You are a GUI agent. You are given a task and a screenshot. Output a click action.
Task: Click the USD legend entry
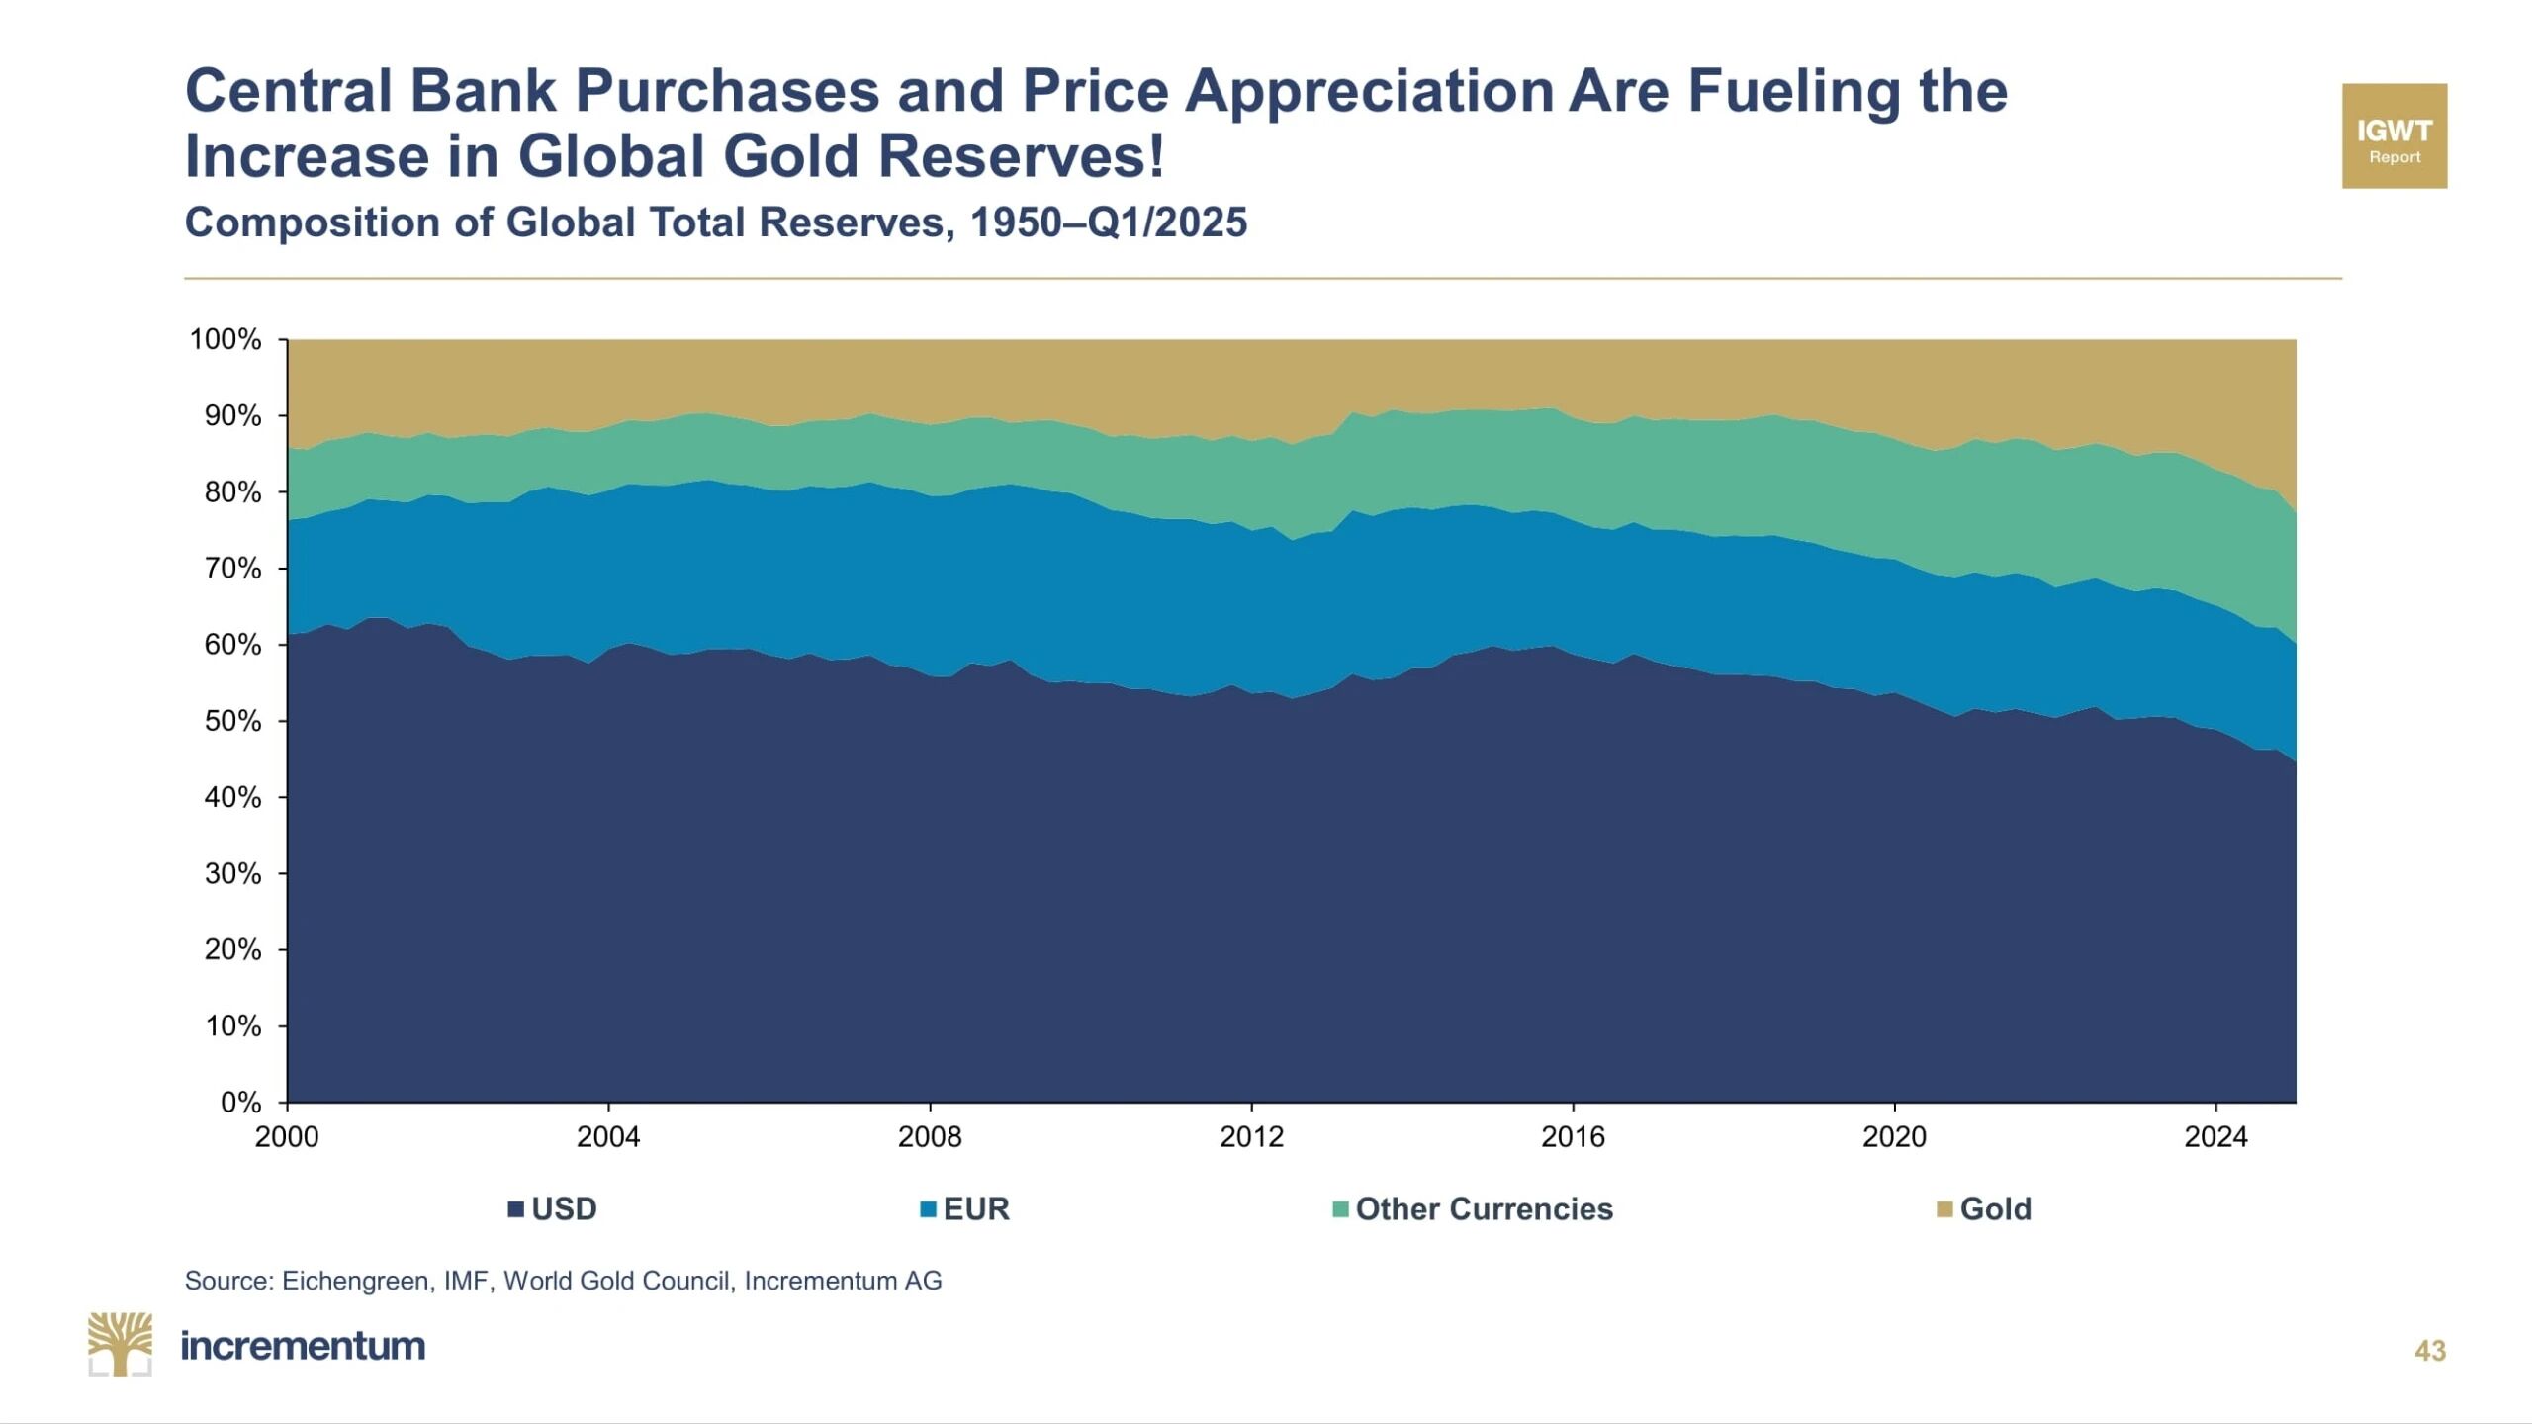click(553, 1208)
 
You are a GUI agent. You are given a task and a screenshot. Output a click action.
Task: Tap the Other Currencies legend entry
click(1474, 1208)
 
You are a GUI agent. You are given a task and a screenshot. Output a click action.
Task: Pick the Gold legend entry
click(1984, 1208)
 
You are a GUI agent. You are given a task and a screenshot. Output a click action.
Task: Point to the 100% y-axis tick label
click(226, 339)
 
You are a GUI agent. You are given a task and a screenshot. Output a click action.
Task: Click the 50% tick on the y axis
click(233, 721)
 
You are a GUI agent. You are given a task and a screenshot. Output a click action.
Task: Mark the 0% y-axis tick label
click(240, 1102)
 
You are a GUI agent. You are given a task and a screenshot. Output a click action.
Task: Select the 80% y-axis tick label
click(233, 491)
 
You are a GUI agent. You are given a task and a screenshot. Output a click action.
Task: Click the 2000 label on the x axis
click(287, 1137)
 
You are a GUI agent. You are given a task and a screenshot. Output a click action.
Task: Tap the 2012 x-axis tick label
click(1251, 1137)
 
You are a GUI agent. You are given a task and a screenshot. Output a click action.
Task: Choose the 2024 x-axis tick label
click(2215, 1137)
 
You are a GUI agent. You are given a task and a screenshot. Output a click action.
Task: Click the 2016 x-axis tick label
click(1573, 1137)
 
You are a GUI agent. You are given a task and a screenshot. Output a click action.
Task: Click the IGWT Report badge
click(2394, 135)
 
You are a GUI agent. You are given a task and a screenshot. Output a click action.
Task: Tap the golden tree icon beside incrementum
click(120, 1344)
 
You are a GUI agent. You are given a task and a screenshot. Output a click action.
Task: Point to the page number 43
click(2429, 1351)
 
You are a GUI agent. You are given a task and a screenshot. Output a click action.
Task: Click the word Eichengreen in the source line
click(354, 1281)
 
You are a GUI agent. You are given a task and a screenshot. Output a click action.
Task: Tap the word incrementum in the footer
click(303, 1346)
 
